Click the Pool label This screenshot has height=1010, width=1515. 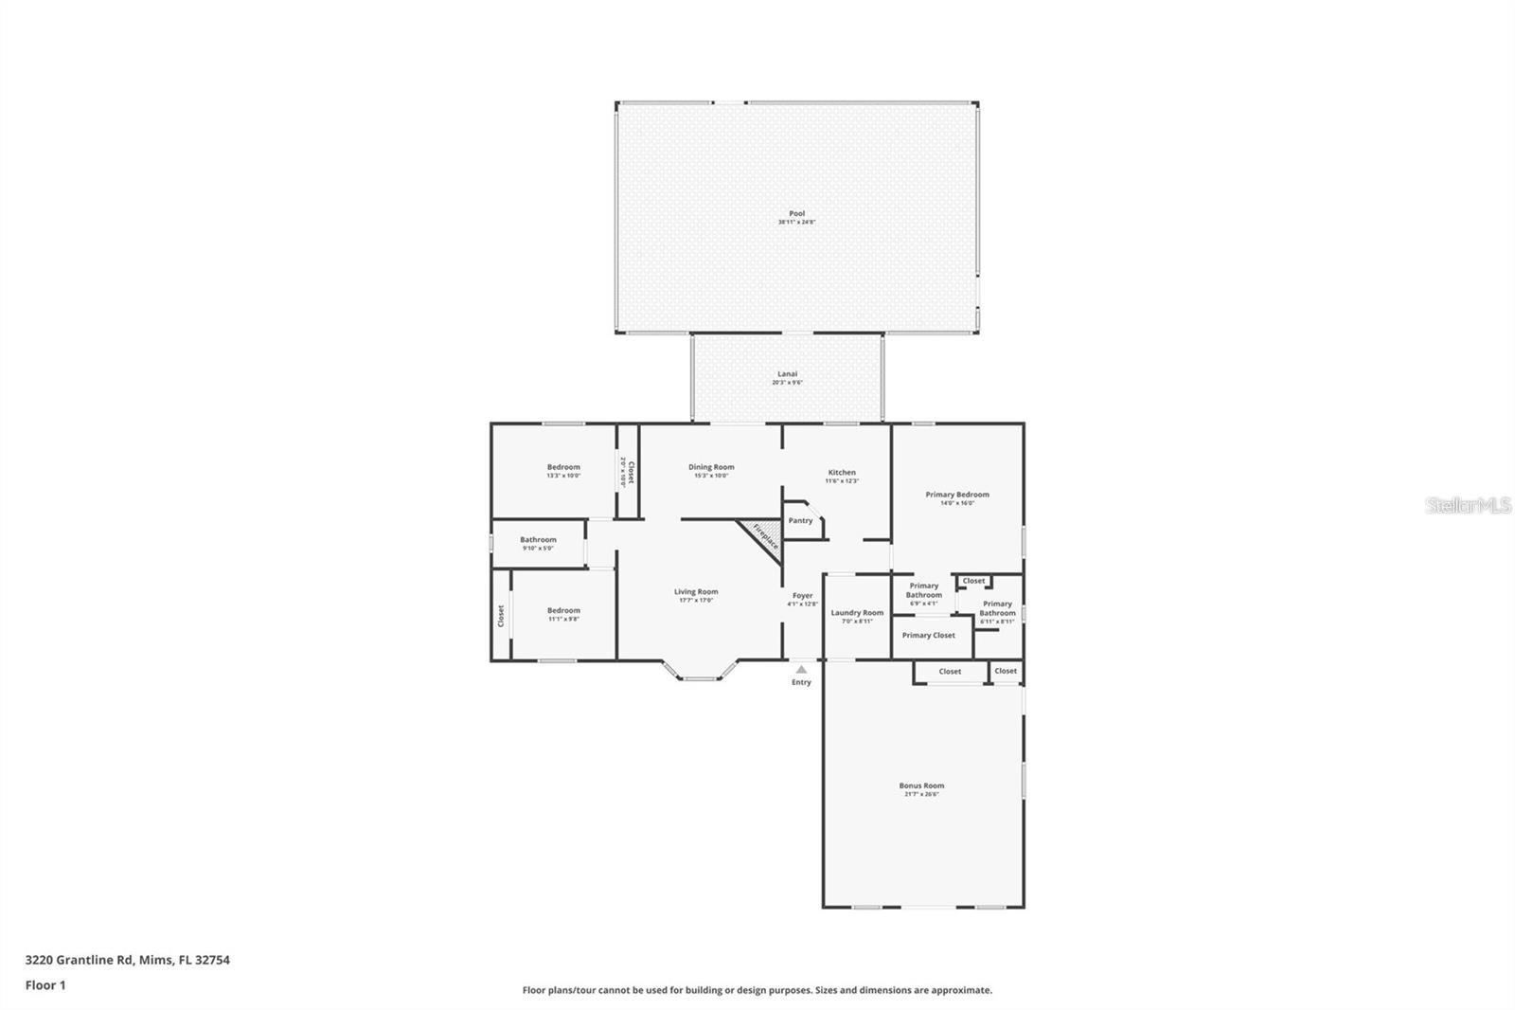coord(796,214)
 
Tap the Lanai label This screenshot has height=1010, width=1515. coord(787,374)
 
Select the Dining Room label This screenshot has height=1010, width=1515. coord(711,467)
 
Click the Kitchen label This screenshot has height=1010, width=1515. coord(842,473)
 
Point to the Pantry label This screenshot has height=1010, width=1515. coord(800,520)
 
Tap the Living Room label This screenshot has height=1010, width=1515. coord(696,592)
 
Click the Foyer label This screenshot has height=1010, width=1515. coord(802,596)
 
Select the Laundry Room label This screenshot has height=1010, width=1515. coord(857,613)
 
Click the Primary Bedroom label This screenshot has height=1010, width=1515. coord(957,495)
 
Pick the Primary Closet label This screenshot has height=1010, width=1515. coord(928,636)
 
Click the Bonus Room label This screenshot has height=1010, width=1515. coord(921,785)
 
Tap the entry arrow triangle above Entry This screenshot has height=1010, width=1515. coord(801,669)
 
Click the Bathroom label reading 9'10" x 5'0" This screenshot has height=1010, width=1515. coord(538,540)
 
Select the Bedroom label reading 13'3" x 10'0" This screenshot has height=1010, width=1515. coord(563,467)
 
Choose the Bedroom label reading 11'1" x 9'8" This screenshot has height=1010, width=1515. coord(563,611)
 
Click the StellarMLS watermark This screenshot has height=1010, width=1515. coord(1469,506)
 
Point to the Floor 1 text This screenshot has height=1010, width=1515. coord(45,985)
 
